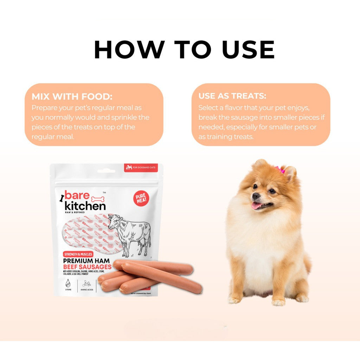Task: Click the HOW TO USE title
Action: click(x=184, y=50)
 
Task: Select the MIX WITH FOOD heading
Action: click(x=72, y=97)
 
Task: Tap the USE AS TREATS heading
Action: click(x=232, y=96)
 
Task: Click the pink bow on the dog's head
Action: click(x=281, y=170)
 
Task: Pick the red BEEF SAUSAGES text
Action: click(x=87, y=267)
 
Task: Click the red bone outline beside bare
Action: click(x=98, y=199)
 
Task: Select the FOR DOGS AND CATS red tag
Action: click(x=141, y=168)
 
